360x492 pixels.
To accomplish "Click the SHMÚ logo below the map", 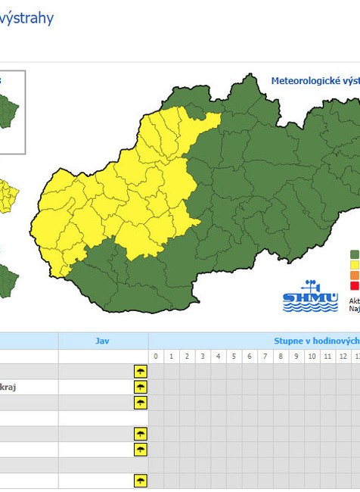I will (310, 297).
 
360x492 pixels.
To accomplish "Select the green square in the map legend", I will (354, 254).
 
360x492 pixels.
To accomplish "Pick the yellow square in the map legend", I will (354, 265).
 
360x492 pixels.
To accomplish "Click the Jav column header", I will (103, 341).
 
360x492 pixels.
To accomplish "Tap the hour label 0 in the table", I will (156, 357).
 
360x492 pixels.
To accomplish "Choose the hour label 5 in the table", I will (234, 357).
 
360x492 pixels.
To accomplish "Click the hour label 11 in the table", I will (327, 357).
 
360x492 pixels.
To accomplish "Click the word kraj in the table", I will (8, 387).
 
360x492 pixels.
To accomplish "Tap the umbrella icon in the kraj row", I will (140, 387).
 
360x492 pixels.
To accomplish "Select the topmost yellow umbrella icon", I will (140, 371).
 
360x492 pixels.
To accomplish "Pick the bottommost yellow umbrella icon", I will (140, 481).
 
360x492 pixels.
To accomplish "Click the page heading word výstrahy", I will (27, 18).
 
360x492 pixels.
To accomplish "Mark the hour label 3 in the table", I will (203, 357).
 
